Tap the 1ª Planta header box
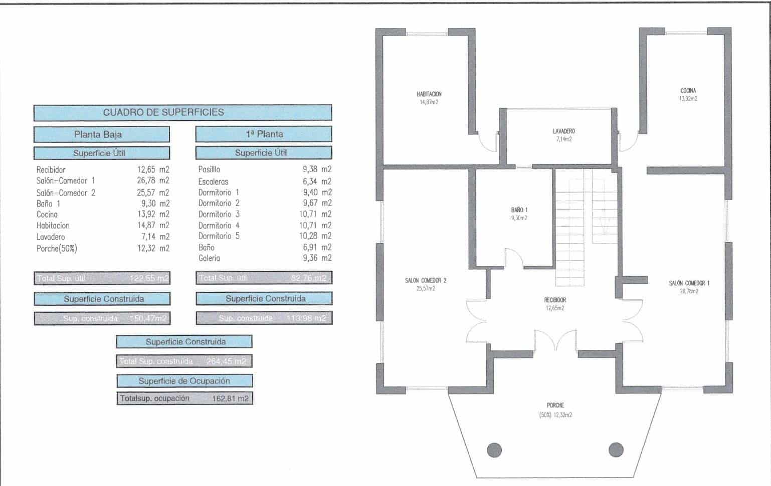coord(263,134)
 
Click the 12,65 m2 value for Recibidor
coord(153,170)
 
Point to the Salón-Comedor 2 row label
coord(66,193)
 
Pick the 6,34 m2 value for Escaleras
coord(316,181)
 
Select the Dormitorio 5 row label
coord(219,236)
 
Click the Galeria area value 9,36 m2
coord(317,258)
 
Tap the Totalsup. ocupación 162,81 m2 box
coord(184,398)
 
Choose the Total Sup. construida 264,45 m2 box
coord(184,361)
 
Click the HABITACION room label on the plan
coord(429,94)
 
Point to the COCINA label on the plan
coord(688,91)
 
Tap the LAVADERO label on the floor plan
coord(563,132)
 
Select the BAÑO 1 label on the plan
coord(519,210)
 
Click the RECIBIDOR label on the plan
coord(555,300)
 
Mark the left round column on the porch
coord(494,449)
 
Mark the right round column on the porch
coord(616,449)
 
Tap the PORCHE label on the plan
coord(555,405)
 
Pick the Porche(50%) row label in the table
coord(57,248)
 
